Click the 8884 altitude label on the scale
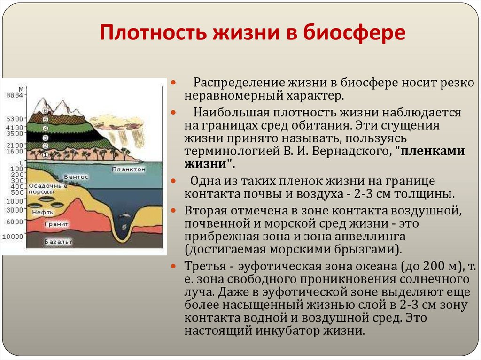click(x=13, y=95)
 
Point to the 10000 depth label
click(x=12, y=236)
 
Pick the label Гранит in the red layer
click(x=57, y=224)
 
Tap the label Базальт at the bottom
click(x=58, y=242)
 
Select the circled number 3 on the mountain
click(x=46, y=138)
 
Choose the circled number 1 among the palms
click(x=45, y=154)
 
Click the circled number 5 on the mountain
click(x=46, y=120)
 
